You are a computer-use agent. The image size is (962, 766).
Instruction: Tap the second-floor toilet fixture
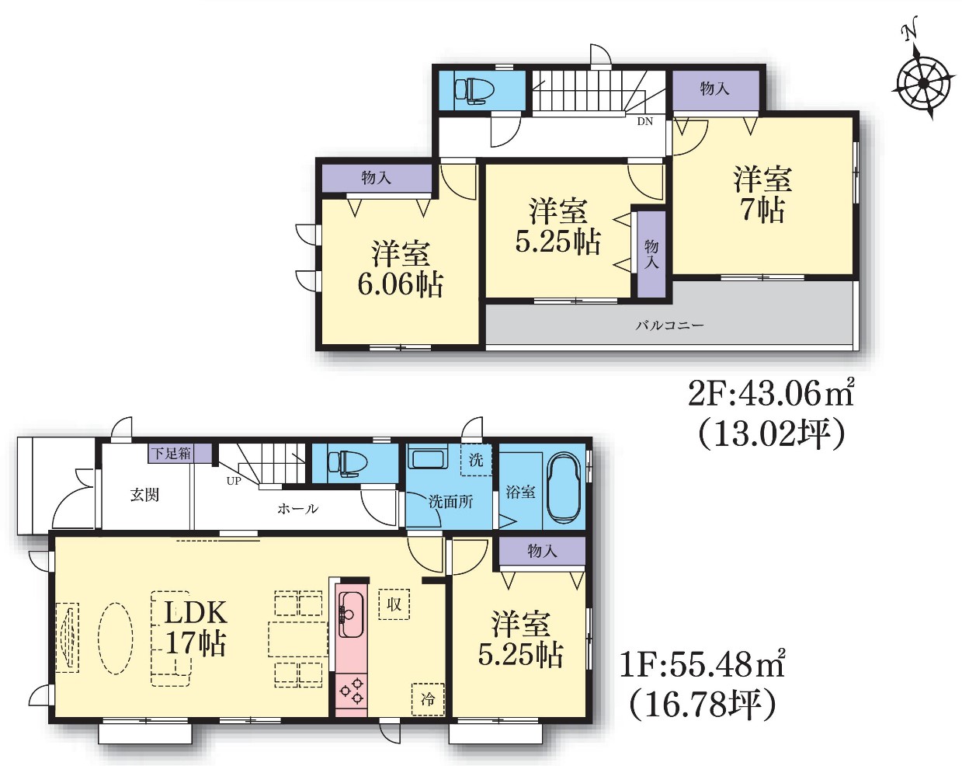(474, 90)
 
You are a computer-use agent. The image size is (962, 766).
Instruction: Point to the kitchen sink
(353, 614)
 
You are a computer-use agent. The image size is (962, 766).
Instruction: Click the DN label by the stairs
(644, 121)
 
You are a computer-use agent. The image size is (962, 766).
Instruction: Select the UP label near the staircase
(234, 481)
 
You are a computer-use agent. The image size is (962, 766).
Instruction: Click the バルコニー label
(669, 326)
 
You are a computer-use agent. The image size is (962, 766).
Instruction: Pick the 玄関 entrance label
(144, 496)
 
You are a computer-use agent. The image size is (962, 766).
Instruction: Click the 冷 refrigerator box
(428, 699)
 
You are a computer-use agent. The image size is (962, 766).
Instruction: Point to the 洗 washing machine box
(476, 459)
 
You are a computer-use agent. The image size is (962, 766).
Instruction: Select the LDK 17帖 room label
(196, 628)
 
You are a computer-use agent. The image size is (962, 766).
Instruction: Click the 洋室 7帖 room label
(762, 195)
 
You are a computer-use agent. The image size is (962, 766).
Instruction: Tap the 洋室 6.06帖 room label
(400, 270)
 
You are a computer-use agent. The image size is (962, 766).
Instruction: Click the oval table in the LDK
(115, 639)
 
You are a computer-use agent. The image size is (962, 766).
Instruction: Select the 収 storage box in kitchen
(394, 604)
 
